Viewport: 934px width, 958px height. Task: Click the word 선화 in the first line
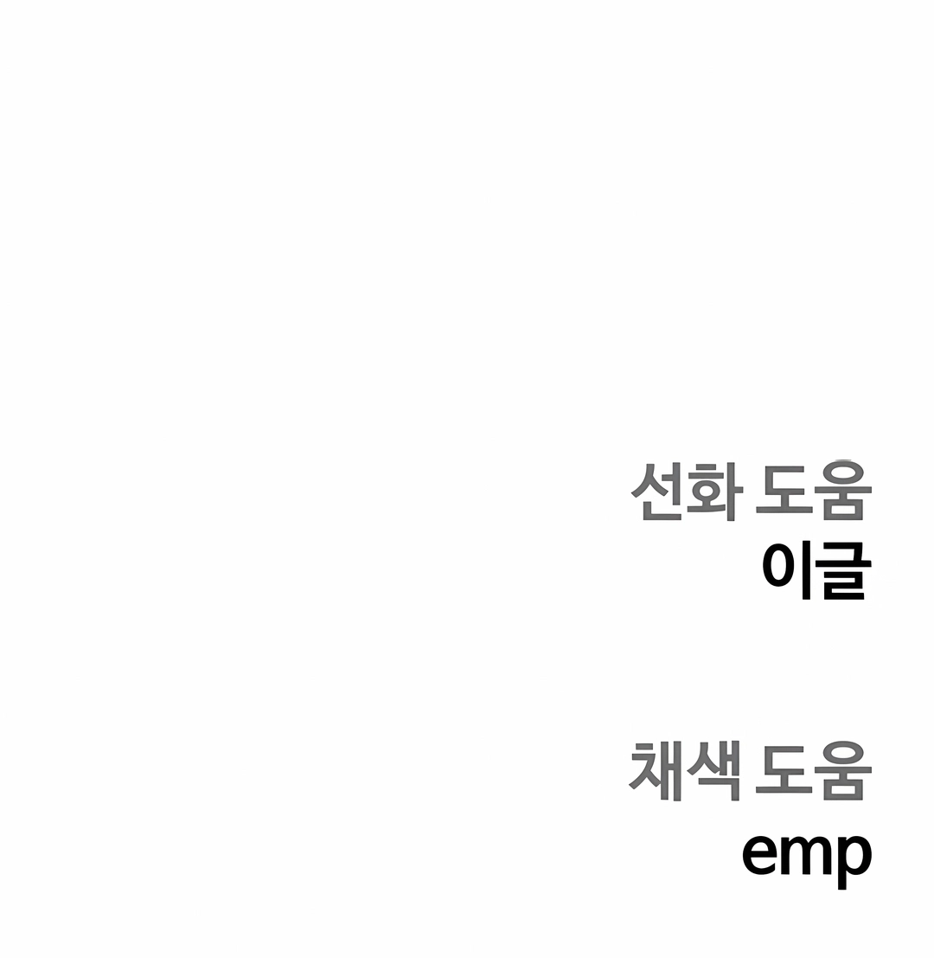tap(687, 492)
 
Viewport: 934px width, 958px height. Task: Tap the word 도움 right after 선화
tap(813, 492)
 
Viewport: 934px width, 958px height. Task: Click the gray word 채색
tap(686, 771)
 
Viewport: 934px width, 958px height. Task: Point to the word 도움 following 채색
tap(813, 771)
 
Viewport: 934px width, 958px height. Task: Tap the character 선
tap(658, 492)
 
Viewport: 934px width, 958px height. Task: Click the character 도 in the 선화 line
tap(784, 492)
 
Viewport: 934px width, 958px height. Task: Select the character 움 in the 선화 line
tap(842, 492)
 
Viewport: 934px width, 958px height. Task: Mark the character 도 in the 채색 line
tap(784, 771)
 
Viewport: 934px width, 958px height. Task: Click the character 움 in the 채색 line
tap(842, 771)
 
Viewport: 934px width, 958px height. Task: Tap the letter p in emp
tap(850, 861)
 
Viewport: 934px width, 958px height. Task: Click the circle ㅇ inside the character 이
tap(780, 568)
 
